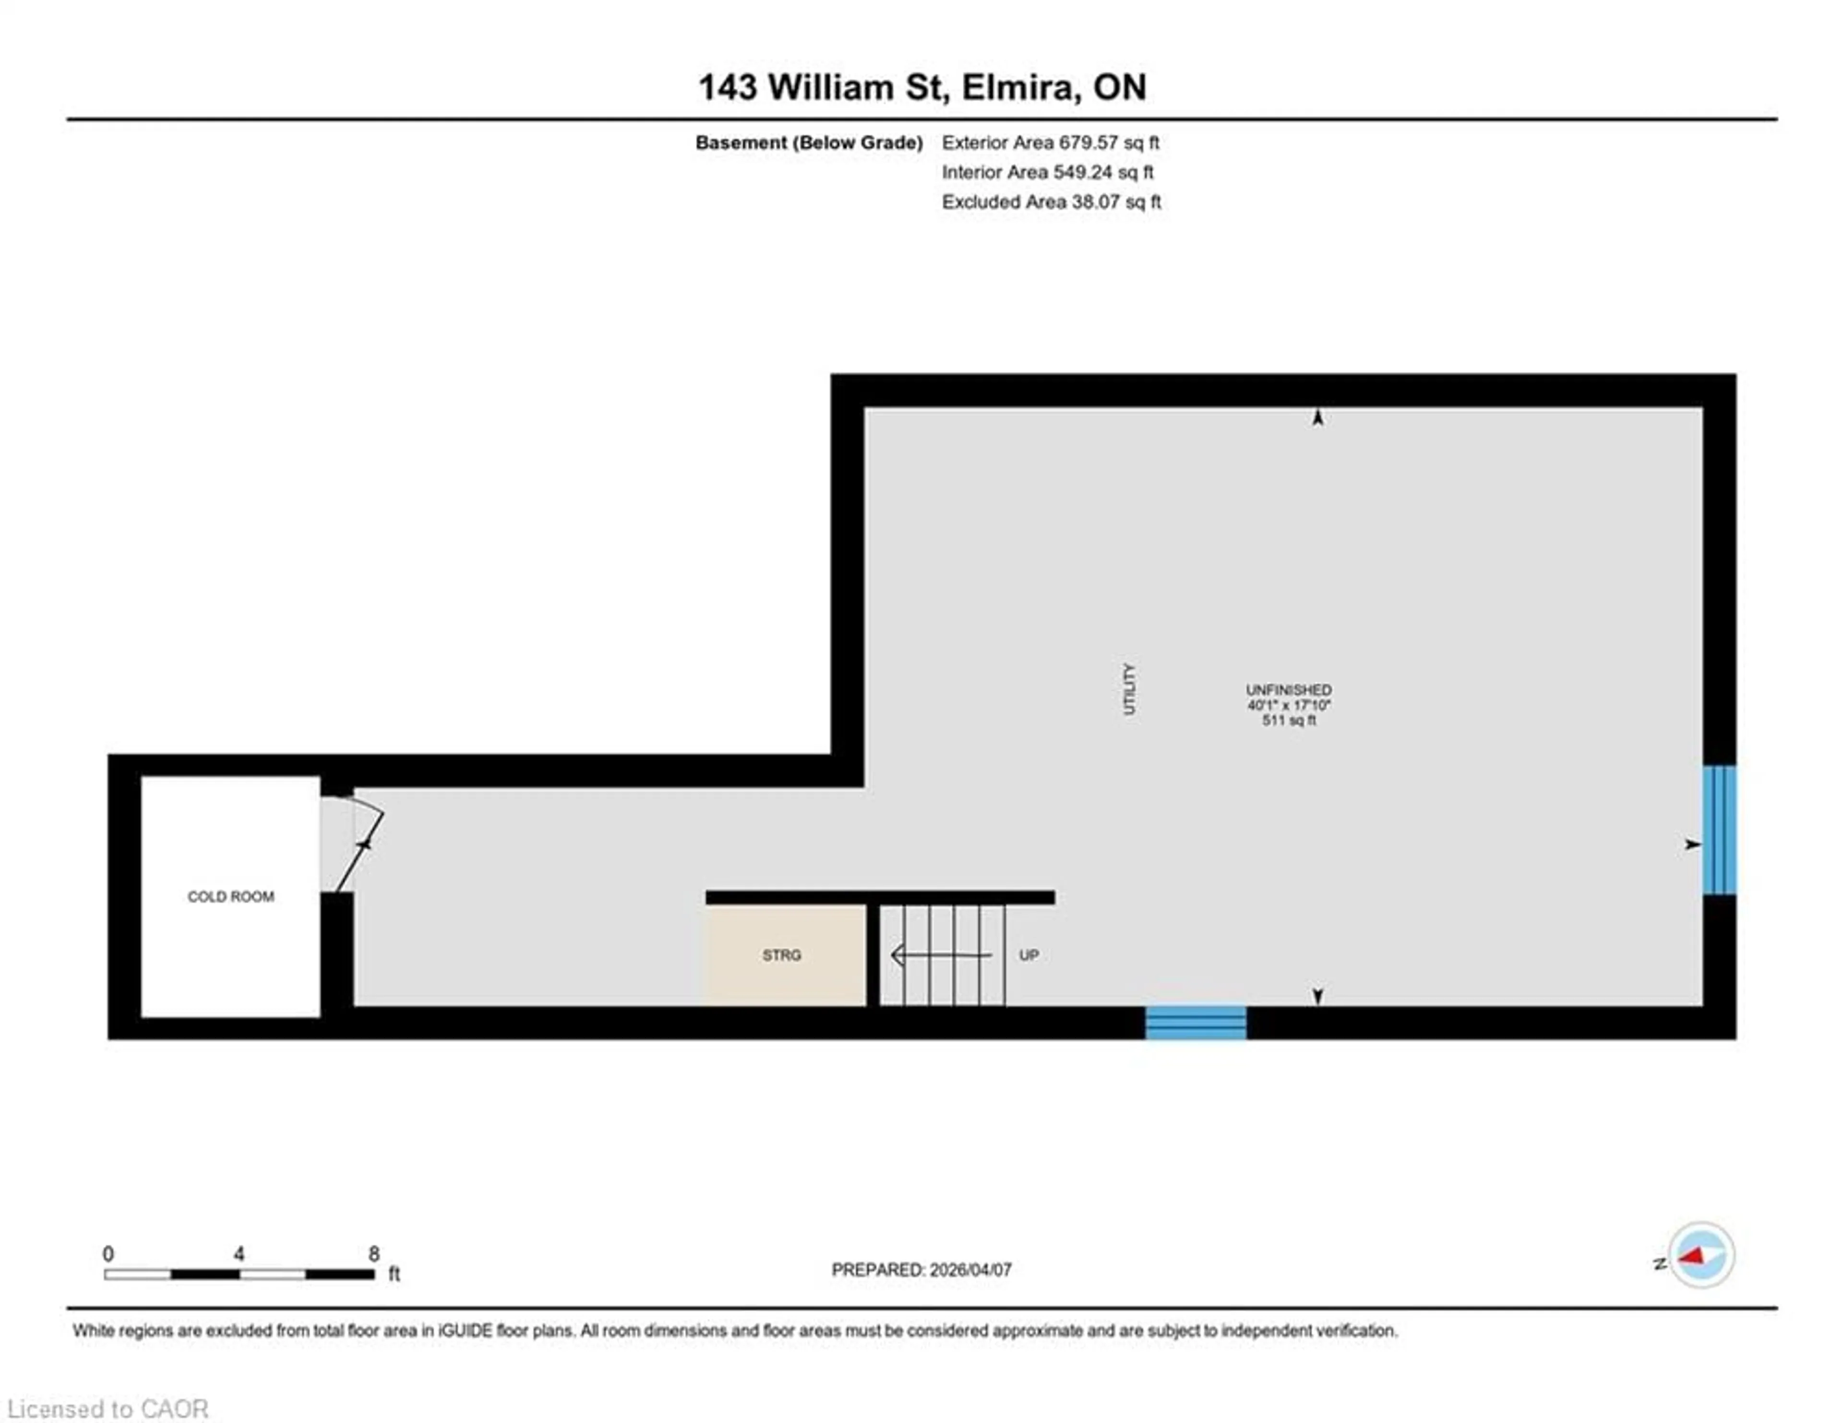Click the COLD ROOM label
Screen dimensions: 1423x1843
pos(230,896)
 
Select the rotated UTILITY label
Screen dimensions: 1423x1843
pos(1129,689)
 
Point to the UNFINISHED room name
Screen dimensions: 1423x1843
pos(1289,689)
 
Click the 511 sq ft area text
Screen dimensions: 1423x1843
pos(1289,720)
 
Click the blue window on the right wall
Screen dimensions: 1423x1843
pos(1719,830)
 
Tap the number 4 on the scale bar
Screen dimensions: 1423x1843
pos(239,1254)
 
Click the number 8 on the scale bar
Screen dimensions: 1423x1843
pos(374,1254)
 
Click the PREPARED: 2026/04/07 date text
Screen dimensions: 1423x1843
pos(921,1269)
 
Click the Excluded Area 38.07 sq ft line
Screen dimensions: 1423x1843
pos(1051,202)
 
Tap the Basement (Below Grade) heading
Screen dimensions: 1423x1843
pos(808,143)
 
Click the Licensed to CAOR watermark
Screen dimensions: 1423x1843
pos(108,1409)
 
